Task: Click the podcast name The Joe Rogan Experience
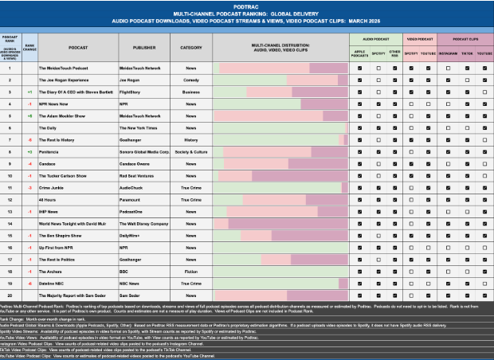click(x=73, y=80)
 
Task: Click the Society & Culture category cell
click(x=190, y=151)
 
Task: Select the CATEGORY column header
click(x=190, y=47)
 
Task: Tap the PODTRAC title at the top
click(x=247, y=5)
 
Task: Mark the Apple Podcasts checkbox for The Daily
click(x=360, y=127)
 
